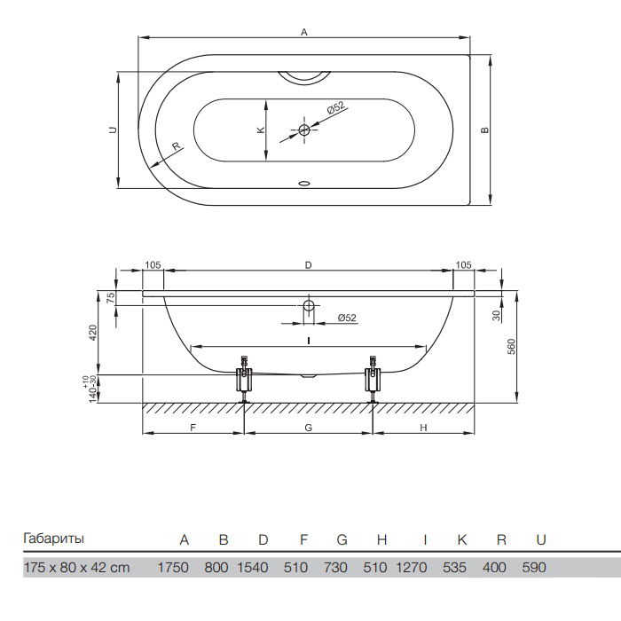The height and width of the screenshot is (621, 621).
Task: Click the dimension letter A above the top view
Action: [x=304, y=31]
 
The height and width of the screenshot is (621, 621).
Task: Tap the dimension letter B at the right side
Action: [x=484, y=130]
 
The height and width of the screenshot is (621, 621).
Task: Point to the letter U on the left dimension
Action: [x=112, y=130]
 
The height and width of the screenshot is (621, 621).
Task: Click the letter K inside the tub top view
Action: [x=261, y=130]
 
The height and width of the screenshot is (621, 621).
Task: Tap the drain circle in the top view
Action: [x=303, y=130]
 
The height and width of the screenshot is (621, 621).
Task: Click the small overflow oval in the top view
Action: [x=304, y=185]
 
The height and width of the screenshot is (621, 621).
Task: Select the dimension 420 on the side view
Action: [x=92, y=334]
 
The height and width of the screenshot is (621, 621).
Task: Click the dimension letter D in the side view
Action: [x=308, y=264]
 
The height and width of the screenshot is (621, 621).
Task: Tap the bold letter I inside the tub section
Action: [x=308, y=341]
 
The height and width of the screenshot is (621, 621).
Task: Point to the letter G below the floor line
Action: [x=308, y=428]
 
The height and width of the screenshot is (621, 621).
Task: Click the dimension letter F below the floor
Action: [x=193, y=428]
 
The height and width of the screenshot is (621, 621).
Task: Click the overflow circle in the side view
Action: [x=308, y=306]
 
